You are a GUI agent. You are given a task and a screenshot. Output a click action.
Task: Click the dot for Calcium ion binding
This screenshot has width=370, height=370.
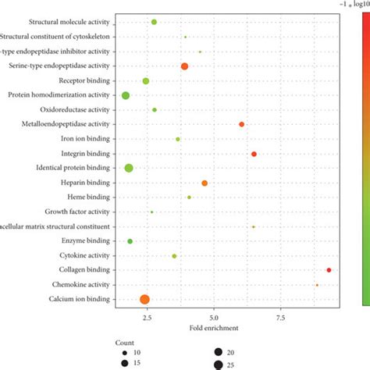[144, 299]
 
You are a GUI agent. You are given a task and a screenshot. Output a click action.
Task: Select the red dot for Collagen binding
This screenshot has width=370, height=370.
[329, 270]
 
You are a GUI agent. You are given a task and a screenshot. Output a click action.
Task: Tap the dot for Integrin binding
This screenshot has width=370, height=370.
[254, 154]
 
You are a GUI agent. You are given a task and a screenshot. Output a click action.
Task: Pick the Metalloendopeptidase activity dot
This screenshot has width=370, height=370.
[241, 124]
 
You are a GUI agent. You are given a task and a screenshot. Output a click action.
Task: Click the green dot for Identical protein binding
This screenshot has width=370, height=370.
[129, 168]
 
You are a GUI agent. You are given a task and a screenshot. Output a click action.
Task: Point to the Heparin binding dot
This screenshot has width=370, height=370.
[205, 183]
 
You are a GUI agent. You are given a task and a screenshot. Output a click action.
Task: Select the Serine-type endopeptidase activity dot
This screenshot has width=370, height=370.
[184, 66]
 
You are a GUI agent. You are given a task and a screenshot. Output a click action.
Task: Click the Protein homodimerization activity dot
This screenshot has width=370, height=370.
[126, 95]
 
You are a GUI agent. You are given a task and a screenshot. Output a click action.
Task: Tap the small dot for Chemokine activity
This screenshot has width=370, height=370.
[317, 285]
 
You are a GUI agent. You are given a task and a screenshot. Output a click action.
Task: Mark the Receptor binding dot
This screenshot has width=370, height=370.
[145, 80]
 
